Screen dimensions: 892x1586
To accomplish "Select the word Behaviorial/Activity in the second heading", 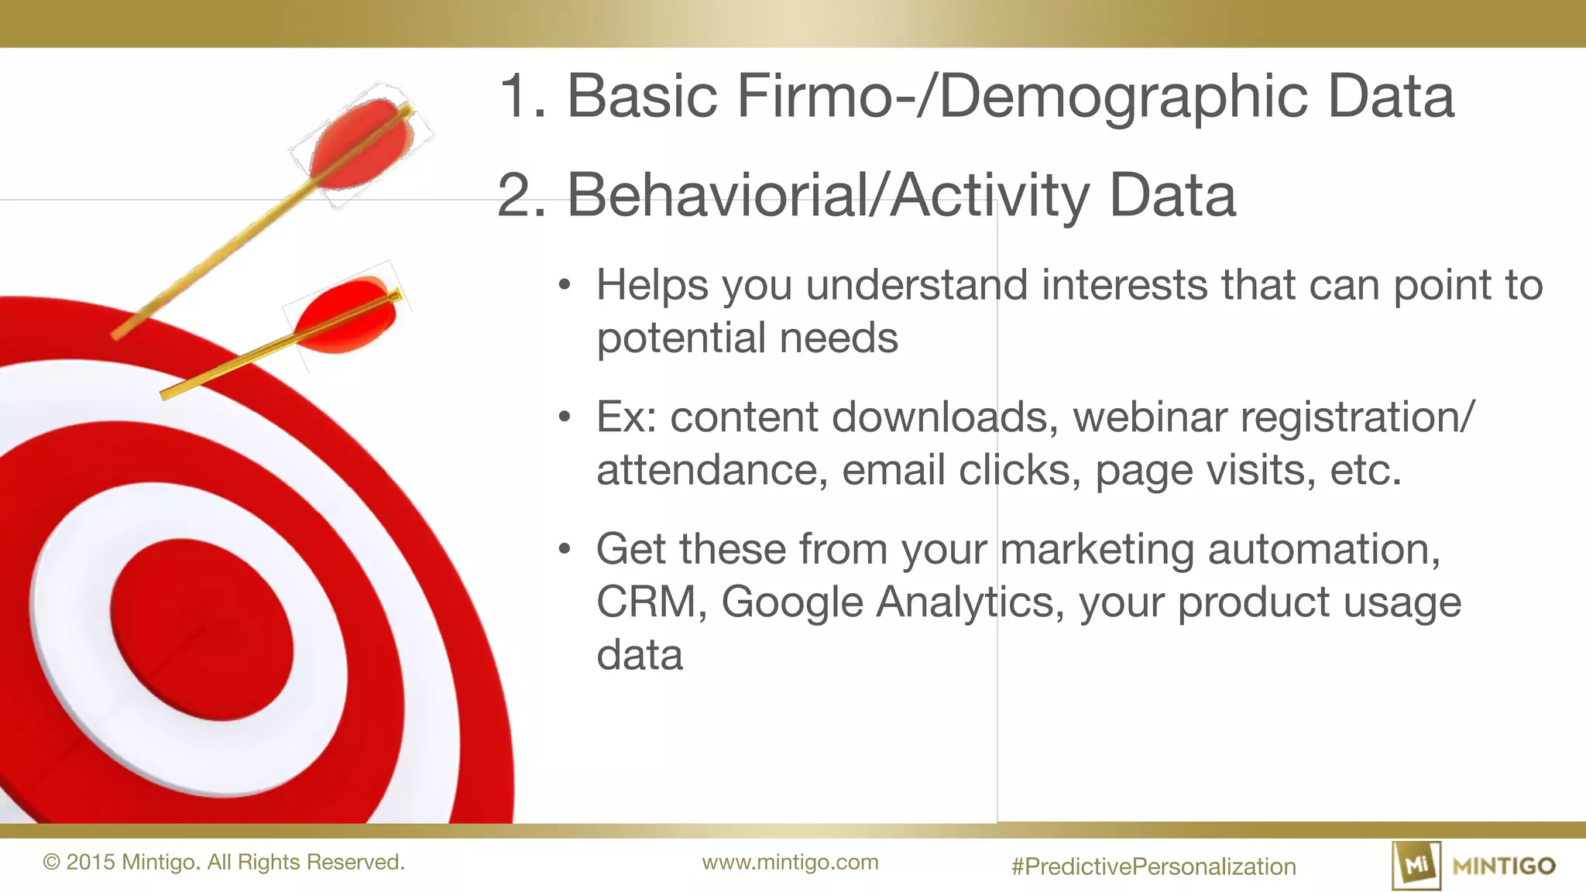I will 828,195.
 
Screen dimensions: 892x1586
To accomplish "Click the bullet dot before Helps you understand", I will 565,285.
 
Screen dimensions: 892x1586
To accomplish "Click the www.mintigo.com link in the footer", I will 790,863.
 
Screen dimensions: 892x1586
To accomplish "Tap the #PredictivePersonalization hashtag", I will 1153,866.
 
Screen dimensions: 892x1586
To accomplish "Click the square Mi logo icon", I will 1416,865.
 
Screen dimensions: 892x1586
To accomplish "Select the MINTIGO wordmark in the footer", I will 1504,866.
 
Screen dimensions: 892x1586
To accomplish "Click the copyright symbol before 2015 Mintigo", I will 51,863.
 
